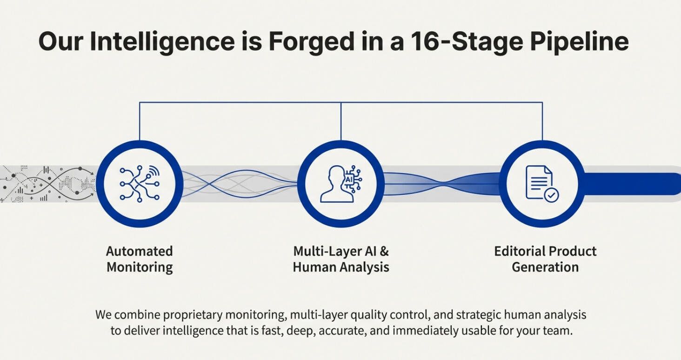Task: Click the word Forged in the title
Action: coord(311,42)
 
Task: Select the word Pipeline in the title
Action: coord(579,42)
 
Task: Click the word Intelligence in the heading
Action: coord(162,42)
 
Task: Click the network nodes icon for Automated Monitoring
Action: coord(140,184)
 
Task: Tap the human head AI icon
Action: coord(341,184)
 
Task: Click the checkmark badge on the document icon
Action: coord(551,195)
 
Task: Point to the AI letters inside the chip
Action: coord(348,180)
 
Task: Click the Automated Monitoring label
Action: coord(140,259)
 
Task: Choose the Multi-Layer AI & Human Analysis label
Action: coord(341,259)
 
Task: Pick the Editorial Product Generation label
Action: coord(545,259)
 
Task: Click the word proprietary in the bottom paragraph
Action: coord(193,315)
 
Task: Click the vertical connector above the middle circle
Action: coord(341,121)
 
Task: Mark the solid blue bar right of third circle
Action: coord(631,184)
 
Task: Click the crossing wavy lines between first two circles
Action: coord(240,184)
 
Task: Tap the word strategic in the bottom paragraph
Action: coord(478,315)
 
